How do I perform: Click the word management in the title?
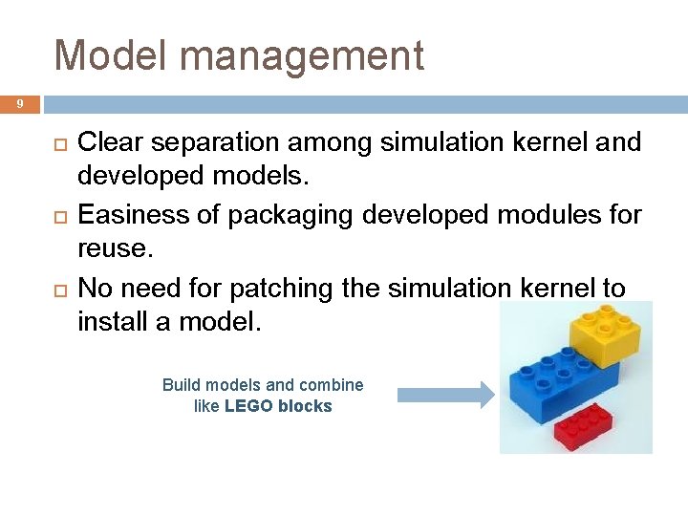coord(302,57)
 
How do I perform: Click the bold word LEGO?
coord(249,406)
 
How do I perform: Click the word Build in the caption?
coord(181,385)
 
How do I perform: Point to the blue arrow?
coord(444,394)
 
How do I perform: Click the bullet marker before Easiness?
coord(58,216)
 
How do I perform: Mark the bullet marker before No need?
coord(58,289)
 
